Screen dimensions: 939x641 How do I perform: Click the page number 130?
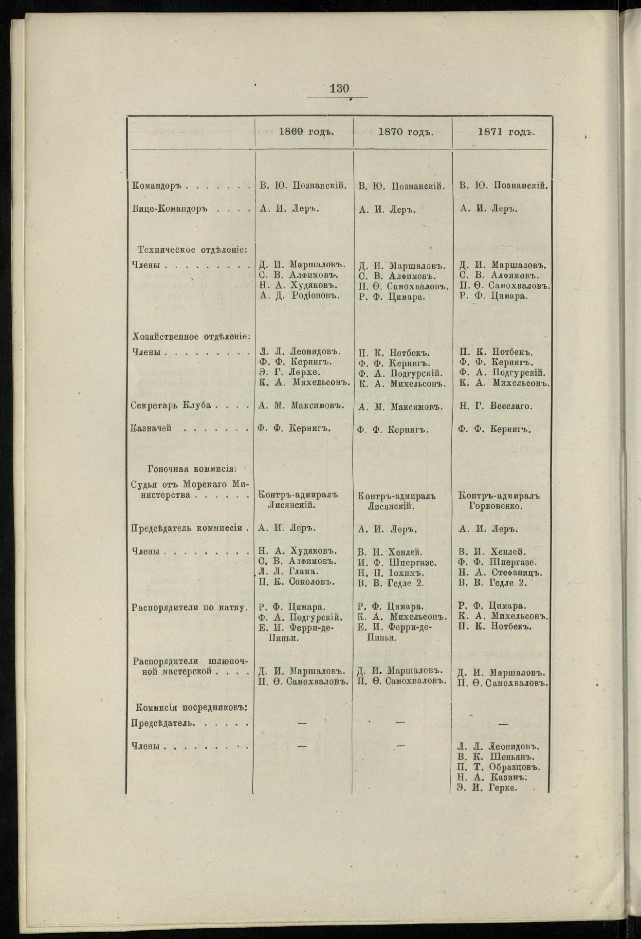(x=339, y=89)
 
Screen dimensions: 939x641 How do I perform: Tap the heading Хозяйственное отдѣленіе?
(x=191, y=336)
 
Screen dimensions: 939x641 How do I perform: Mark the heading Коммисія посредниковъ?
(x=190, y=707)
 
